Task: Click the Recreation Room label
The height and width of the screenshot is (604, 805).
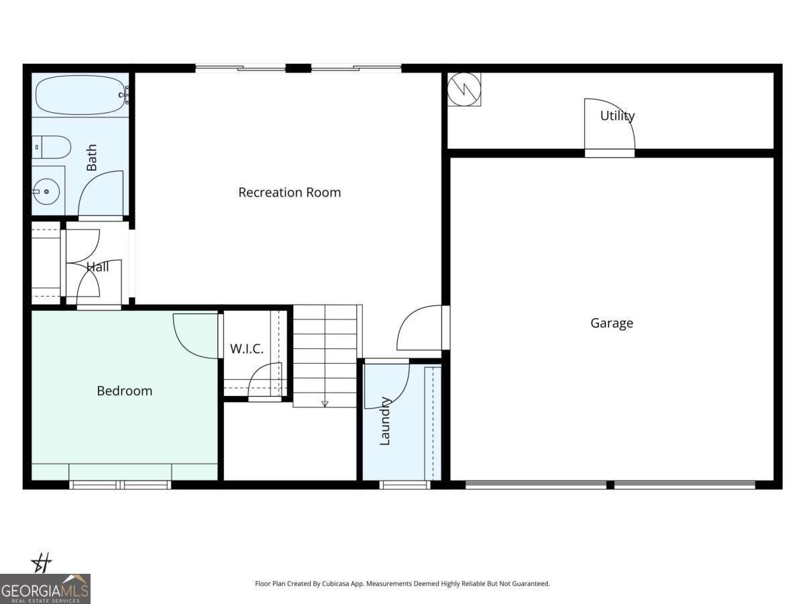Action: [290, 193]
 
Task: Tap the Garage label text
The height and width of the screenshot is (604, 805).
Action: [612, 323]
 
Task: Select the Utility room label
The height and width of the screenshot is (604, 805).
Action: [617, 115]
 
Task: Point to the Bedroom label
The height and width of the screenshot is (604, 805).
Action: [125, 391]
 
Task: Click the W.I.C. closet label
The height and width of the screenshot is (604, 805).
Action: [247, 349]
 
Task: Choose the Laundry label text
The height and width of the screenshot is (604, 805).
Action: [385, 421]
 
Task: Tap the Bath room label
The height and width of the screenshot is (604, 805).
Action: [91, 158]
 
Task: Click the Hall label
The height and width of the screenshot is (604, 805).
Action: [98, 267]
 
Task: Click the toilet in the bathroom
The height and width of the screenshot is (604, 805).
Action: [52, 146]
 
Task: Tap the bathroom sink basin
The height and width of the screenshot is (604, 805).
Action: [47, 192]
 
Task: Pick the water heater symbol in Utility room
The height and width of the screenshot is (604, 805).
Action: [464, 89]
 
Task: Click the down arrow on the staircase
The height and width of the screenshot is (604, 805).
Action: [325, 403]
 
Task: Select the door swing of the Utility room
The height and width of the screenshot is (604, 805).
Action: [608, 128]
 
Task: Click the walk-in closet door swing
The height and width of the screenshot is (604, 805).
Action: [266, 381]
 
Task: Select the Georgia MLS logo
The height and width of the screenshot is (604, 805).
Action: [45, 589]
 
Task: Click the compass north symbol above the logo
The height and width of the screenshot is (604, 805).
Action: [42, 562]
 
